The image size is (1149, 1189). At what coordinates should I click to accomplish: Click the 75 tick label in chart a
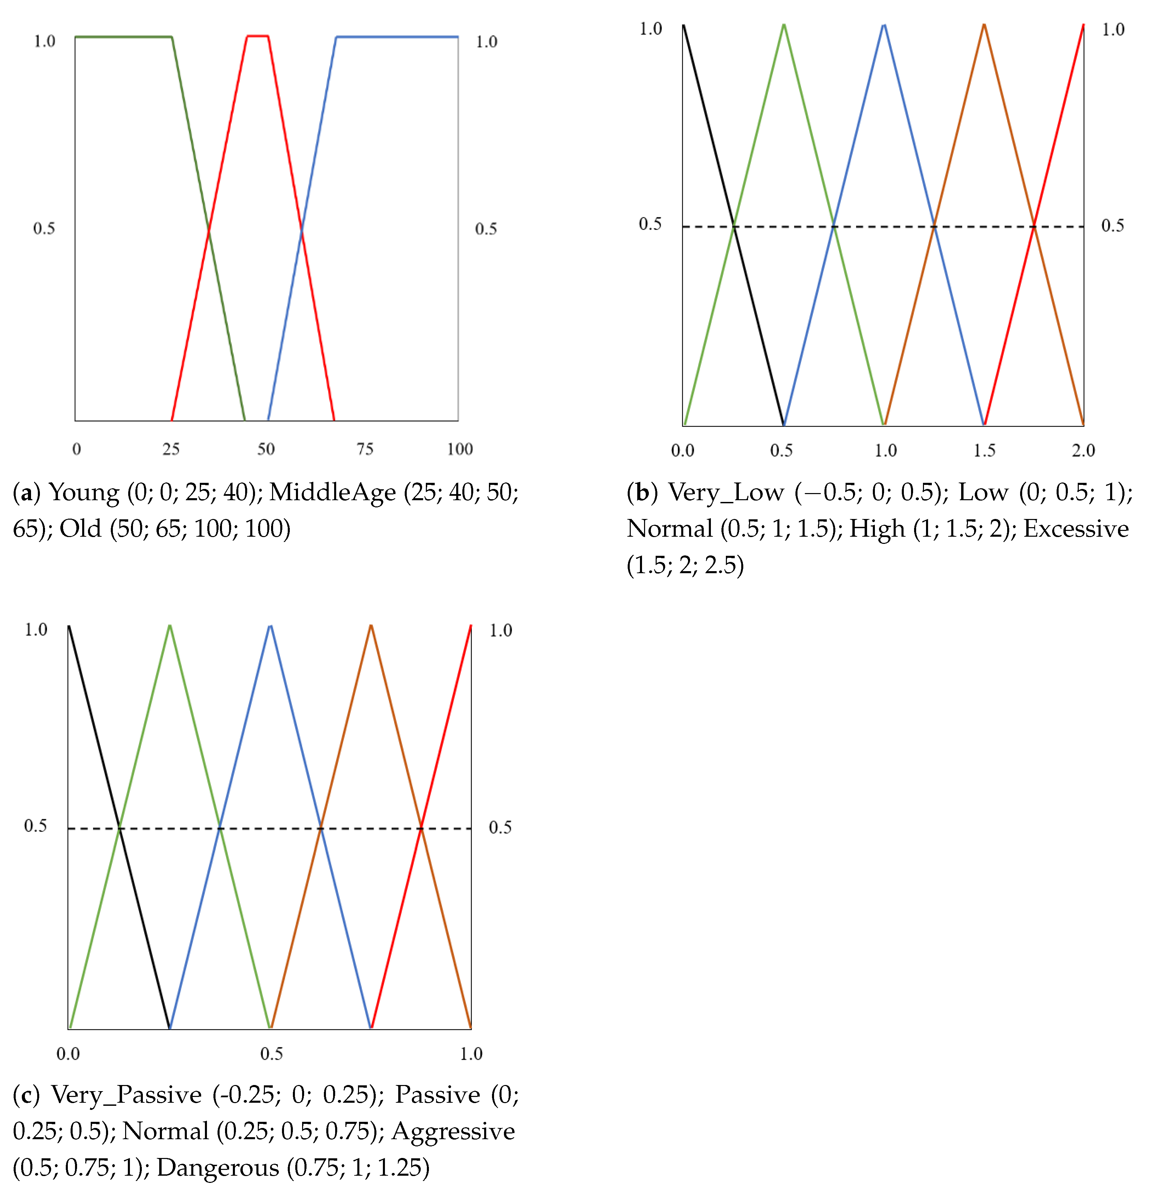(x=364, y=449)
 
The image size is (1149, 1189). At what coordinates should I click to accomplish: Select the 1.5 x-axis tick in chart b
(x=984, y=450)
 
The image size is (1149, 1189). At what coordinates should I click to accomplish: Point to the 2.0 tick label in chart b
(x=1083, y=450)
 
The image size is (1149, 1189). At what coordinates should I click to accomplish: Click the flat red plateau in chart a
(x=257, y=36)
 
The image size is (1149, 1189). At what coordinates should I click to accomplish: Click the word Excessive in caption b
(x=1076, y=529)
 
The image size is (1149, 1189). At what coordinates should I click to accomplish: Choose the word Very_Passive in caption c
(x=126, y=1094)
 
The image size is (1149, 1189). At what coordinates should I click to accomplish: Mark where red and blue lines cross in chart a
(x=301, y=229)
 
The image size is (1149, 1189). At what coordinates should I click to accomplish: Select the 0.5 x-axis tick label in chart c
(x=271, y=1054)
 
